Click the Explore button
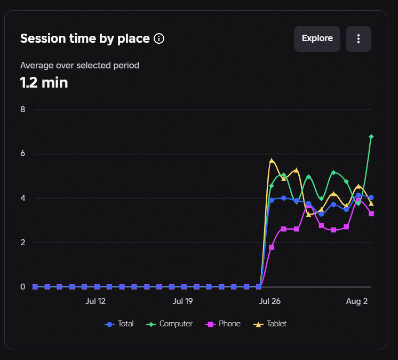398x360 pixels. click(317, 39)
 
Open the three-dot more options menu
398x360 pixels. click(359, 39)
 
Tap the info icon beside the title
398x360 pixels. click(159, 38)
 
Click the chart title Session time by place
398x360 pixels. click(85, 38)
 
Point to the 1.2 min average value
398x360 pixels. click(44, 83)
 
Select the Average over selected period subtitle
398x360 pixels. click(79, 66)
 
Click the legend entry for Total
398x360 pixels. click(119, 324)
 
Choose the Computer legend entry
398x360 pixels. click(169, 324)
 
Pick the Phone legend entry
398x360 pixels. click(223, 324)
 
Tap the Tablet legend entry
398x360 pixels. click(270, 324)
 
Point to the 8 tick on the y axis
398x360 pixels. click(23, 109)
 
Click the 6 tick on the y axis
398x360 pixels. click(23, 153)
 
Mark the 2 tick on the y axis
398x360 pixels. click(23, 242)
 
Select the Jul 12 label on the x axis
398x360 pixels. click(95, 301)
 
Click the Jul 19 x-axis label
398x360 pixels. click(183, 301)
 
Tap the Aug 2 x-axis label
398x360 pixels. click(357, 301)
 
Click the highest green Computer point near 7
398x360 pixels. click(371, 137)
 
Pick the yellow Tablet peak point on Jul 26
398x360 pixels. click(272, 161)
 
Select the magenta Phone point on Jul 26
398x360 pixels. click(272, 247)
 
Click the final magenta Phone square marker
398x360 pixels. click(371, 214)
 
